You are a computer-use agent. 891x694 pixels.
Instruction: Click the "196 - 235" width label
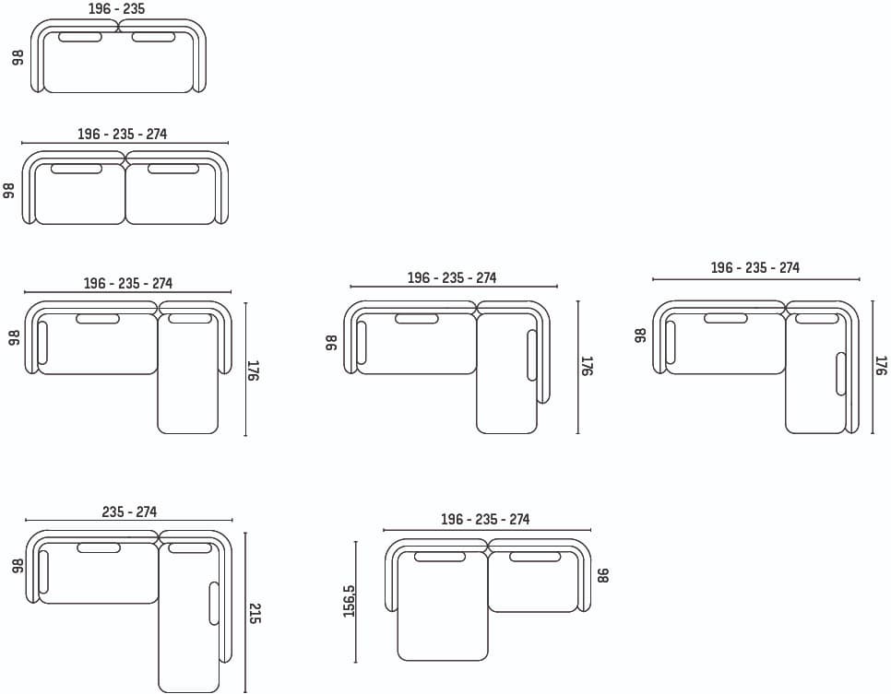[x=116, y=9]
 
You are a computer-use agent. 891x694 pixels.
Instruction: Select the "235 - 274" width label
[x=129, y=512]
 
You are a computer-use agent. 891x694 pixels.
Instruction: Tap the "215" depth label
[x=255, y=613]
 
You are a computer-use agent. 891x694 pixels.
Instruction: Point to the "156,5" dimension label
[x=349, y=601]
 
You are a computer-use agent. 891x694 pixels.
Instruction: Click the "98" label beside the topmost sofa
[x=18, y=57]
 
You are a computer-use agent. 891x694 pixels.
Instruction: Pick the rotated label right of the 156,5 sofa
[x=603, y=575]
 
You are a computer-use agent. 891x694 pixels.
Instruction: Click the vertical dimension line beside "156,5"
[x=356, y=602]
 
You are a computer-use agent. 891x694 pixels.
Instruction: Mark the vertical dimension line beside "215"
[x=245, y=612]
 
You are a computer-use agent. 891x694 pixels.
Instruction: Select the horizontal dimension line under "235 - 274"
[x=129, y=520]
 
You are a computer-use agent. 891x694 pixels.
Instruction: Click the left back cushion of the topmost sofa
[x=80, y=37]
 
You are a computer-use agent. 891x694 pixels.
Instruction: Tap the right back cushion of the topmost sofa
[x=153, y=37]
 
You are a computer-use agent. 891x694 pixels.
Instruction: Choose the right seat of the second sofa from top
[x=171, y=194]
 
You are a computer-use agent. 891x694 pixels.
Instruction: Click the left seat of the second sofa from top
[x=80, y=194]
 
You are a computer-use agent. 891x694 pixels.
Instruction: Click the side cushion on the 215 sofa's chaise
[x=214, y=603]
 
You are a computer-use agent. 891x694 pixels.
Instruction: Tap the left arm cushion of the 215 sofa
[x=43, y=572]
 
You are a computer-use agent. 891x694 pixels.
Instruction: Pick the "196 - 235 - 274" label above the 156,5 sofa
[x=485, y=519]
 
